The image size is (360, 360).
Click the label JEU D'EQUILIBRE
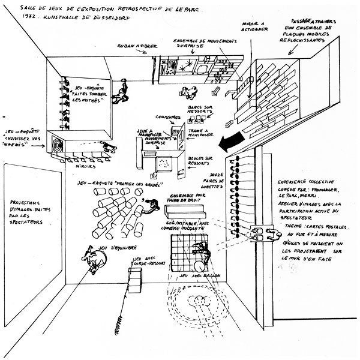95,233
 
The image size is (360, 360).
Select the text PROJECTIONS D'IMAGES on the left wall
32,208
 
